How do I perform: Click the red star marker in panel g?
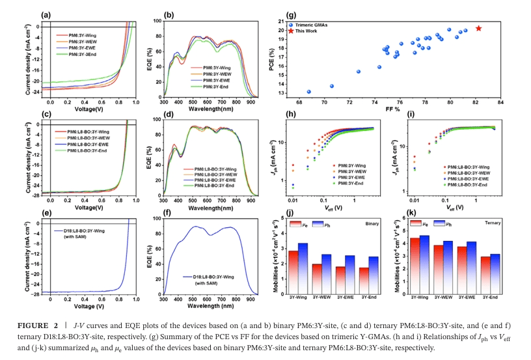[x=478, y=29]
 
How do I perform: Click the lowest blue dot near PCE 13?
[x=308, y=92]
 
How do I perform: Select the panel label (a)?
[x=46, y=14]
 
